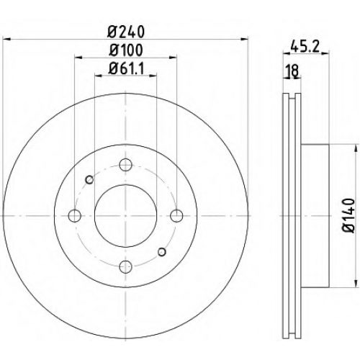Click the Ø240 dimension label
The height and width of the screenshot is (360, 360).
click(x=126, y=32)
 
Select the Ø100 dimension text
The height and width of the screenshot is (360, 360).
click(x=126, y=50)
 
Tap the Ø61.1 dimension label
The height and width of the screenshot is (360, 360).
click(x=126, y=69)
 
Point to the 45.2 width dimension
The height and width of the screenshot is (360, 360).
click(x=305, y=47)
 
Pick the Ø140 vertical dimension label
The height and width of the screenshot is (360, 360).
click(x=348, y=215)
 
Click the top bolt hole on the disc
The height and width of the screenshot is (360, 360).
click(x=125, y=165)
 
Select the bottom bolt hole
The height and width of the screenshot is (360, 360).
click(x=125, y=266)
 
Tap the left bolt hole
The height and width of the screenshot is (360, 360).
click(x=74, y=216)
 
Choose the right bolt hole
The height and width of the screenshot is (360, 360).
click(x=176, y=216)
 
